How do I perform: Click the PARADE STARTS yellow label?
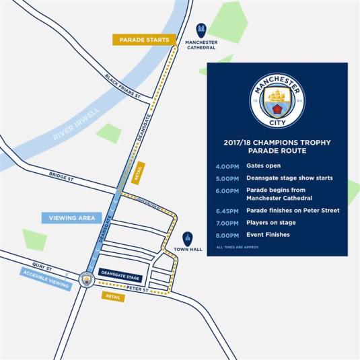click(x=145, y=40)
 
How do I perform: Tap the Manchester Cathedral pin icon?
click(x=201, y=30)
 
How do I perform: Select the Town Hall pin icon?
click(x=188, y=238)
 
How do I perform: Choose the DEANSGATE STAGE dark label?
click(x=120, y=277)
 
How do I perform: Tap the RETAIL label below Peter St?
click(x=113, y=297)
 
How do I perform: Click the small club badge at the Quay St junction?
click(x=85, y=278)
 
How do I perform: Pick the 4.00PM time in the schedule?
click(x=226, y=166)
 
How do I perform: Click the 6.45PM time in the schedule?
click(x=226, y=211)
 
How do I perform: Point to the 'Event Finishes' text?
click(x=268, y=235)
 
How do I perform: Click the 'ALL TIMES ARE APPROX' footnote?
click(x=238, y=248)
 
